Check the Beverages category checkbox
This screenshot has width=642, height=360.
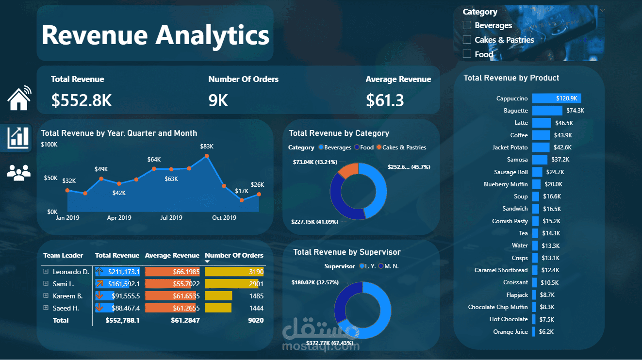[x=467, y=25]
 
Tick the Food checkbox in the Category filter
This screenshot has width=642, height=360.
[x=467, y=54]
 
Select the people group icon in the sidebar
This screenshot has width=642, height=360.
[x=19, y=172]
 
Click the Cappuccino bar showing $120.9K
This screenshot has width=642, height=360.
[x=556, y=98]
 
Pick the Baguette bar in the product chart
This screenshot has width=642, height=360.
[x=547, y=111]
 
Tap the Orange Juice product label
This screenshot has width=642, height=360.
[x=510, y=332]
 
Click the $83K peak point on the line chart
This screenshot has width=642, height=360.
[x=207, y=156]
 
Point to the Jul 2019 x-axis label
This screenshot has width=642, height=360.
[x=171, y=218]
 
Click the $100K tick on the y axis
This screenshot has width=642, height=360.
[x=49, y=145]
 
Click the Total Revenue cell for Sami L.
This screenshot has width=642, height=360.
[x=117, y=284]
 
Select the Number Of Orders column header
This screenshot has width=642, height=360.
[x=234, y=255]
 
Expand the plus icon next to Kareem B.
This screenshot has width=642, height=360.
[x=46, y=296]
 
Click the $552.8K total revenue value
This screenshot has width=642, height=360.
[x=82, y=100]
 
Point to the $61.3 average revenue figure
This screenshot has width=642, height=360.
[x=385, y=100]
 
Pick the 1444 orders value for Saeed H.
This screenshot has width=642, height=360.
[x=256, y=308]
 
